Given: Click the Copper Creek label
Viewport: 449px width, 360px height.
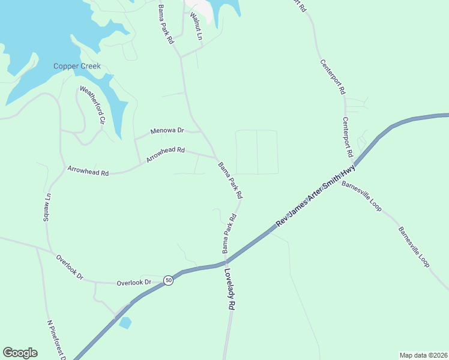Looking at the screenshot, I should [77, 66].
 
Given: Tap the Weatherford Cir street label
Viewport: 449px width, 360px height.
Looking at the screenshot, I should [93, 105].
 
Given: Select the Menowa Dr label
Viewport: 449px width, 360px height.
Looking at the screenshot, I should [167, 130].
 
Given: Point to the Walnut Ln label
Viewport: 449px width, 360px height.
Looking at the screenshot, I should [196, 26].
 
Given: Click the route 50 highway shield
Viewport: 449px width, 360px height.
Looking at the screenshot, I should [169, 280].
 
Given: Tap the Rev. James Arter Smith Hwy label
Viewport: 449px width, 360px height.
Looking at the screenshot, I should [316, 198].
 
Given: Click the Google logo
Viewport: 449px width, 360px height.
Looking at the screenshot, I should [20, 353].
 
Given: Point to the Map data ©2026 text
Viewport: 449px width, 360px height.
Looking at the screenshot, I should [423, 355].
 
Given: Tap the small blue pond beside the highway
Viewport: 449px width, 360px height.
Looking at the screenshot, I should [125, 323].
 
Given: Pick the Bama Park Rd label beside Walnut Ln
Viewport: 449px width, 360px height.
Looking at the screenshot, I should [165, 24].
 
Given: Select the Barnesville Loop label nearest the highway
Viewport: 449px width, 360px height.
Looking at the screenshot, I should [361, 196].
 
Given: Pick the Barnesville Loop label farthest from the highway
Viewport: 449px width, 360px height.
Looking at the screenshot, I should [414, 247].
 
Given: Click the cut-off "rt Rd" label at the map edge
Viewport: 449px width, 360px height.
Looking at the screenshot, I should [300, 6].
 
